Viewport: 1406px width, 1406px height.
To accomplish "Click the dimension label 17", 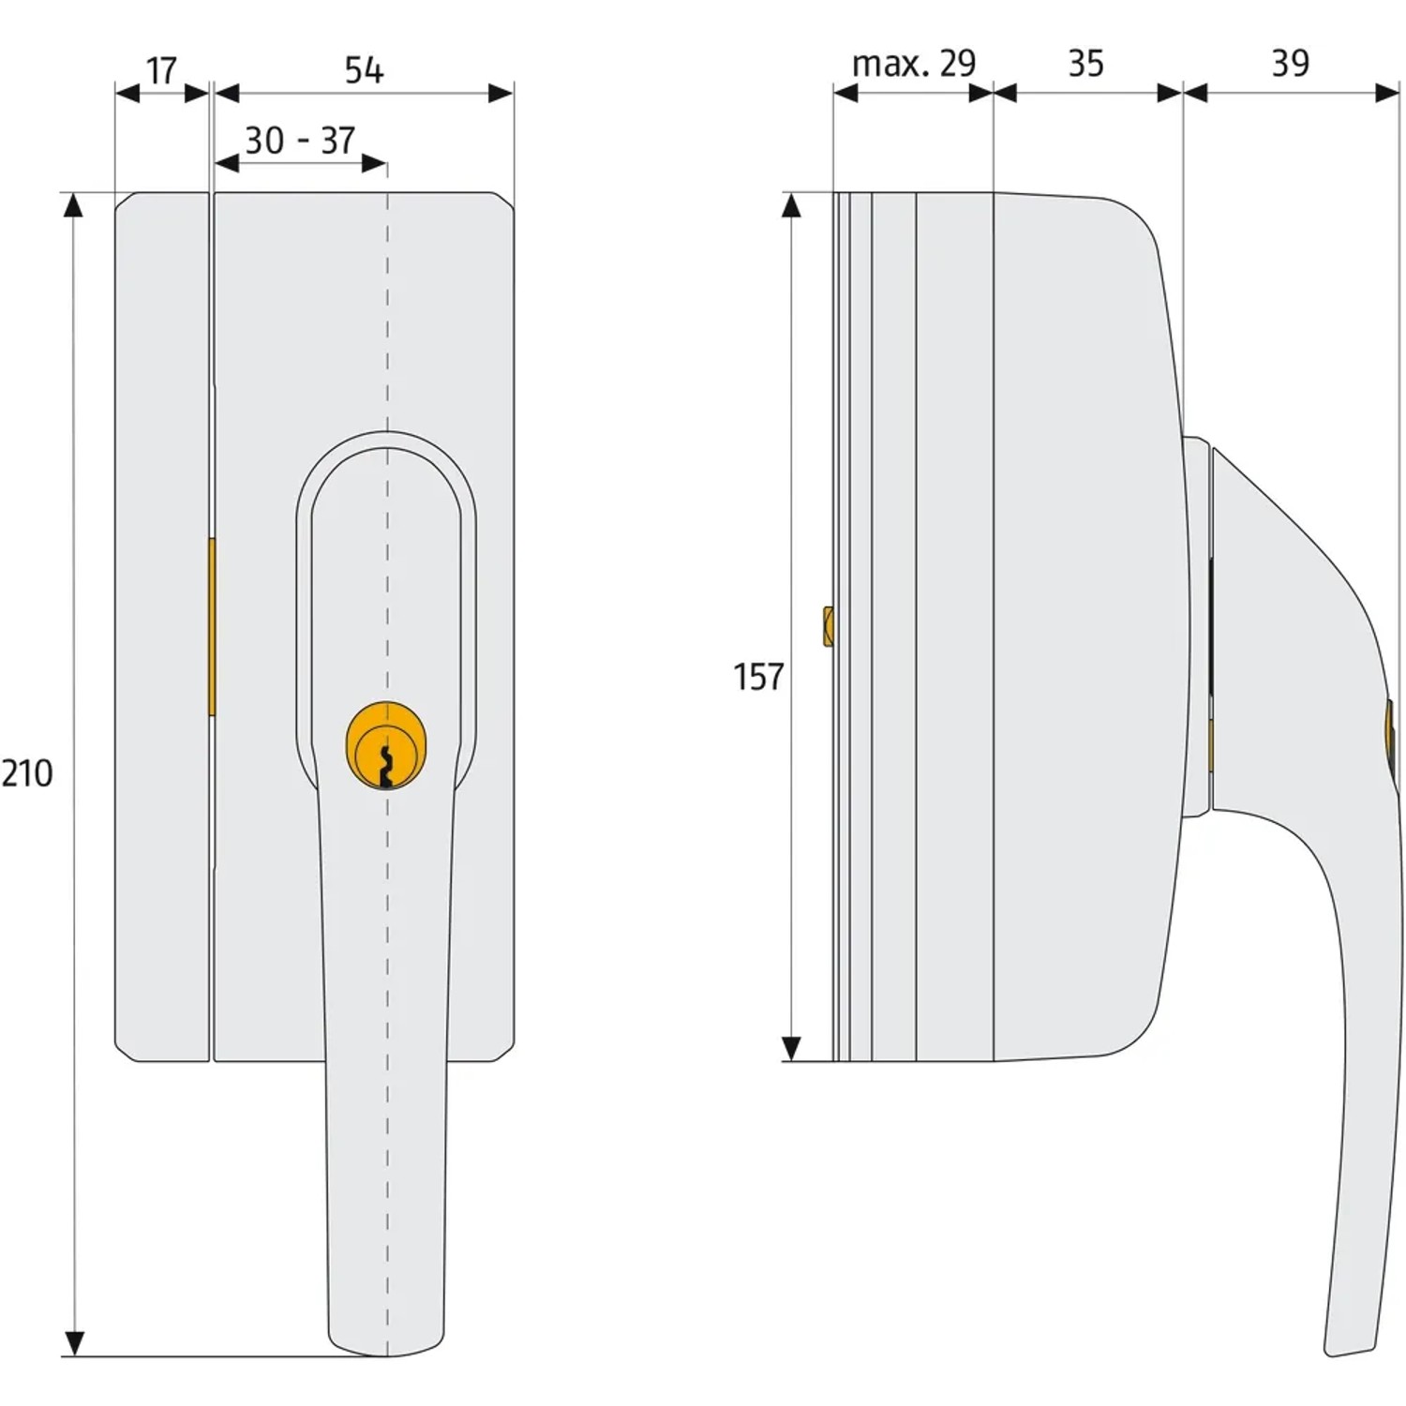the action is click(x=161, y=70).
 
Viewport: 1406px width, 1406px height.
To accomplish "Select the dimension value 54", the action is click(x=364, y=70).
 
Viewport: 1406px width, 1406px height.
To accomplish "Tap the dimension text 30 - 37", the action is click(x=300, y=141).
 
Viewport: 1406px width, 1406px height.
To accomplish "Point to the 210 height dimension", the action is click(x=26, y=774).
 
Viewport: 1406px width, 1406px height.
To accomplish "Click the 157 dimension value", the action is click(x=758, y=677).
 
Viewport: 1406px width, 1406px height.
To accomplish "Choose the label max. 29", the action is click(x=914, y=64).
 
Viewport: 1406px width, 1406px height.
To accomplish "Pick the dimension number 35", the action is click(x=1086, y=64).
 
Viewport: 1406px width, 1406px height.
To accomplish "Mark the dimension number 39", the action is click(x=1290, y=64).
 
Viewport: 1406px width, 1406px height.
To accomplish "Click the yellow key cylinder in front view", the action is click(x=386, y=745).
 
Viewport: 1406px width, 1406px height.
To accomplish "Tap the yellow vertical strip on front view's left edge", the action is click(x=212, y=626).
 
